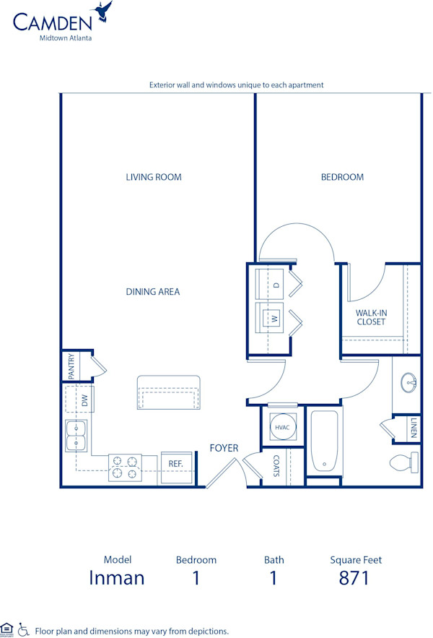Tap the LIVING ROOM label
coord(154,177)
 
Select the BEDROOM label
coord(342,177)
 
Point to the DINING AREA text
coord(153,292)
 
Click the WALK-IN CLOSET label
coord(371,317)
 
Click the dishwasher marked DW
coord(84,400)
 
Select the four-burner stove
coord(124,467)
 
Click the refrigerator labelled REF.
coord(176,464)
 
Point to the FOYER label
coord(224,449)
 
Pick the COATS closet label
coord(276,466)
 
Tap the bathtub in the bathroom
coord(325,441)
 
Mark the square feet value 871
coord(355,578)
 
